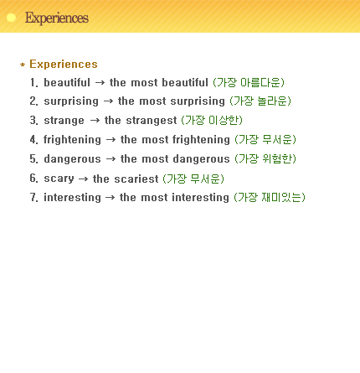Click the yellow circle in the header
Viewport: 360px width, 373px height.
point(11,18)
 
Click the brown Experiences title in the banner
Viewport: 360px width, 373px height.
point(57,18)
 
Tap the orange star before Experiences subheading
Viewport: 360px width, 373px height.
point(23,65)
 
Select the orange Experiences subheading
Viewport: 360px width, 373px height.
point(64,64)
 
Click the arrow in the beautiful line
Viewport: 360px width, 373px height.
point(100,83)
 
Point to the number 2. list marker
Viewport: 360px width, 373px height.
point(33,101)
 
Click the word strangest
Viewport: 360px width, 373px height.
point(152,121)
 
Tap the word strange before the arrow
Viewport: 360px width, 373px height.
point(64,121)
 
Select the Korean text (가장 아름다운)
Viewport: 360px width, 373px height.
point(249,82)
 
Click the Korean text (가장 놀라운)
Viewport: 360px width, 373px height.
point(260,101)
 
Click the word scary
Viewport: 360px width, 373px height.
point(59,179)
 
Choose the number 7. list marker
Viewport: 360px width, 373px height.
point(33,198)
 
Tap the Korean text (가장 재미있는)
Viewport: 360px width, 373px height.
point(270,197)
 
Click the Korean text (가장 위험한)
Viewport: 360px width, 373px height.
point(265,158)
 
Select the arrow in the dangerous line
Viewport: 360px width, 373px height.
point(111,159)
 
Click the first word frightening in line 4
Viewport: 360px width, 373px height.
point(72,140)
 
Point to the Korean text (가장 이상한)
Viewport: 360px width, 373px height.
point(212,121)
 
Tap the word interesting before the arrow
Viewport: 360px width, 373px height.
point(72,198)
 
